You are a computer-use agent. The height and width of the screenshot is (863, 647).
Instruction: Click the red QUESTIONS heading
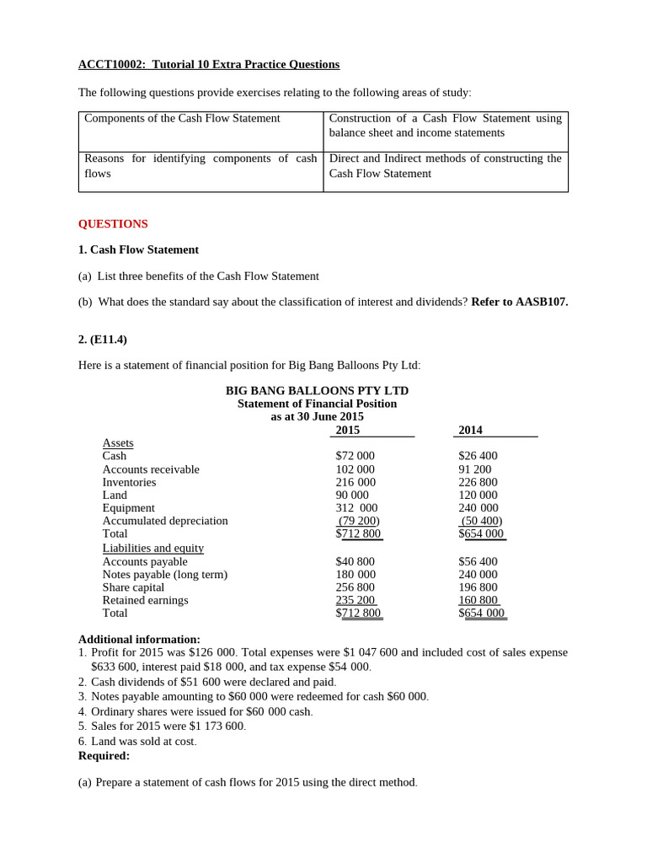tap(113, 224)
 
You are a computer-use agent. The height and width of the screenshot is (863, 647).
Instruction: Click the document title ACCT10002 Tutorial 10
tap(209, 65)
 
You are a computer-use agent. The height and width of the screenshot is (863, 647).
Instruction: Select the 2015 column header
tap(347, 431)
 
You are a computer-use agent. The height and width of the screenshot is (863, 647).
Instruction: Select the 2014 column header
tap(470, 431)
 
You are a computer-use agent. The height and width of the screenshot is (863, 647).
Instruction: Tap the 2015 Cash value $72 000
tap(355, 456)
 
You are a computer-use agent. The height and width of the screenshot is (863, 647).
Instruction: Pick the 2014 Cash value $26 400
tap(478, 456)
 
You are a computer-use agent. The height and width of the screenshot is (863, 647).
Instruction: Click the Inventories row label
tap(129, 482)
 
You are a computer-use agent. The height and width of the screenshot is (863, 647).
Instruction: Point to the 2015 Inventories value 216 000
tap(355, 482)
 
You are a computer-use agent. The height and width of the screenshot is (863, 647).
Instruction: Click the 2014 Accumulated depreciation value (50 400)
tap(481, 521)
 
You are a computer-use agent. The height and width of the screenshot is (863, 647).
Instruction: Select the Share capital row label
tap(133, 587)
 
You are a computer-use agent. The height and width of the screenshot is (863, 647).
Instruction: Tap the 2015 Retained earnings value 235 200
tap(355, 600)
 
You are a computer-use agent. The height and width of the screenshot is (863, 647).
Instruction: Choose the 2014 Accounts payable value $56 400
tap(478, 561)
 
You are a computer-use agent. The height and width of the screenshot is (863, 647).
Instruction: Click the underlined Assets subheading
tap(118, 443)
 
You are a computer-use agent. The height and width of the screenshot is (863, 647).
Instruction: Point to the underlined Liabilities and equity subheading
tap(152, 548)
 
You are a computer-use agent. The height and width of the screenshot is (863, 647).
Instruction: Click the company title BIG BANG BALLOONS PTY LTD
tap(317, 391)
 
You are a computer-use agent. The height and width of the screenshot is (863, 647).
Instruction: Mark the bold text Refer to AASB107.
tap(519, 302)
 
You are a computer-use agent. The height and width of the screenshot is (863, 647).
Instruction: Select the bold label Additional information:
tap(139, 640)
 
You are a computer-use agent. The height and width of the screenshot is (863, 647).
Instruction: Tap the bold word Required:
tap(104, 756)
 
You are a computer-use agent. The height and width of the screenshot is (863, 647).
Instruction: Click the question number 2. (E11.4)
tap(103, 340)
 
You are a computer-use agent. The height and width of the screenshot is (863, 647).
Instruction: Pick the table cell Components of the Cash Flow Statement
tap(182, 119)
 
